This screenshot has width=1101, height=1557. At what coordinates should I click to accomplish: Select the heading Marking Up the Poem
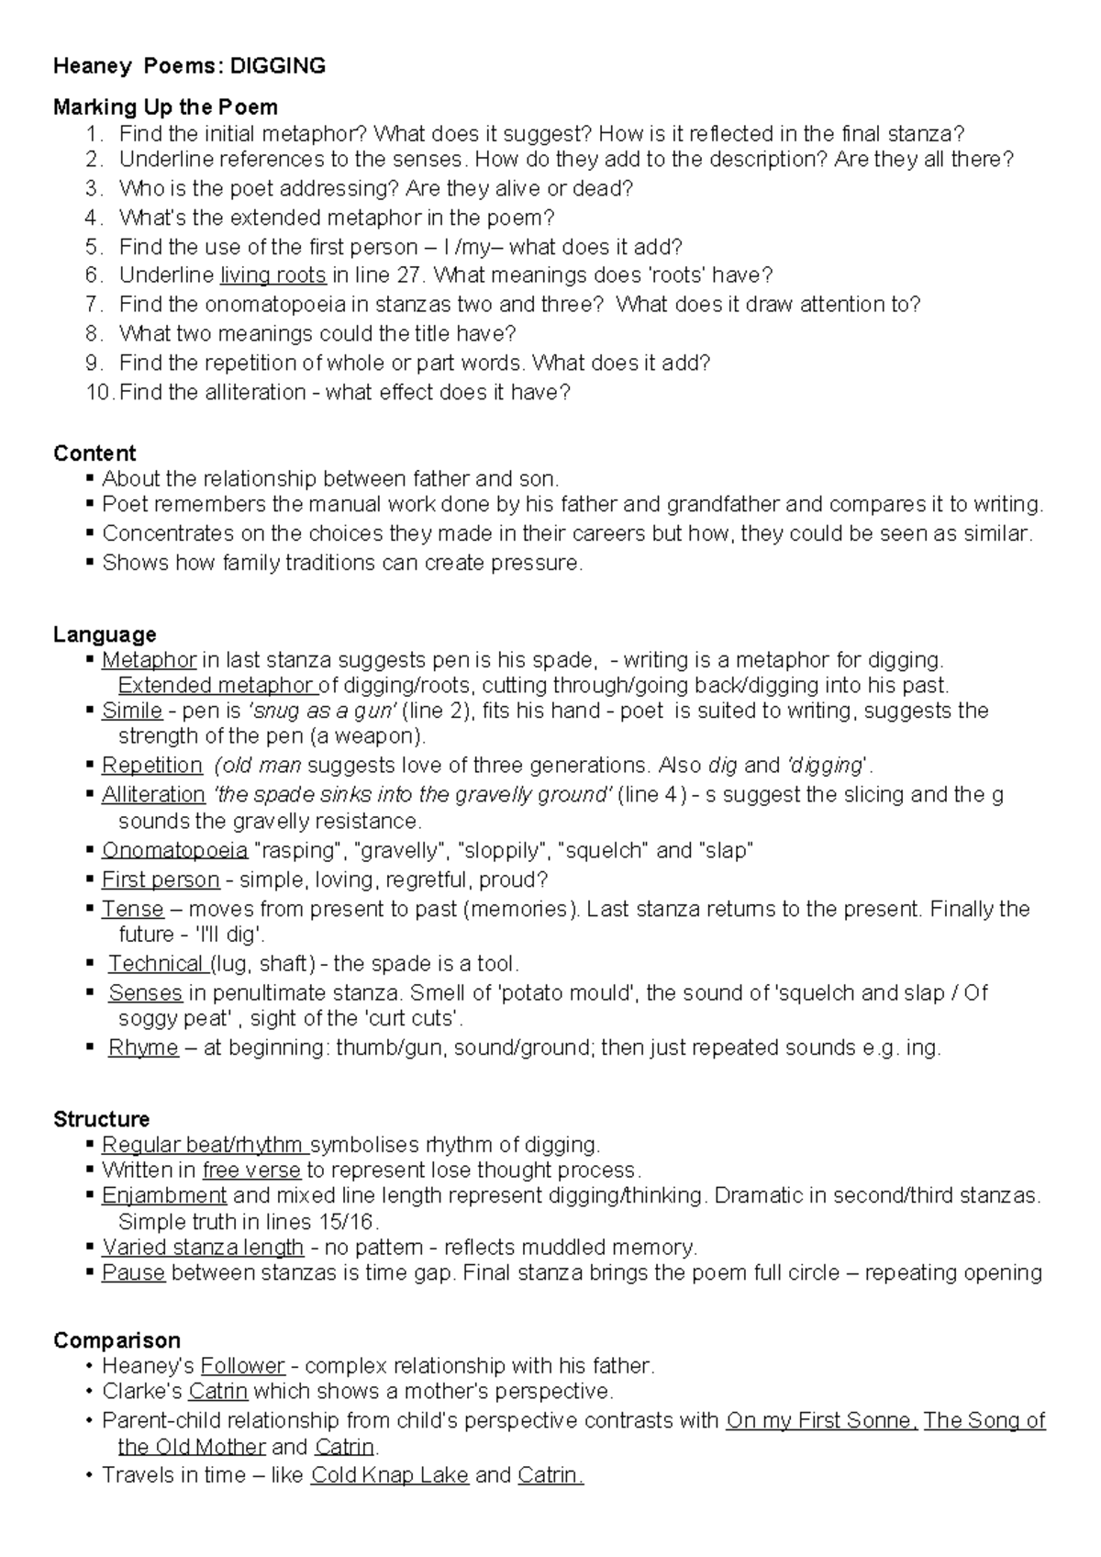pos(165,107)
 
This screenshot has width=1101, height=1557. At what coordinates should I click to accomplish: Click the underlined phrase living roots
pos(273,274)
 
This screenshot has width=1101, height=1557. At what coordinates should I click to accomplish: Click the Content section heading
pos(95,453)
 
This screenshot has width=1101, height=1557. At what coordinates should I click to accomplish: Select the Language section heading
pos(105,634)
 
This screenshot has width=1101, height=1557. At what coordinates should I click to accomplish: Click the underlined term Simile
pos(132,711)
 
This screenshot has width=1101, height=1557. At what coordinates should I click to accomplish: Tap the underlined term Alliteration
pos(153,794)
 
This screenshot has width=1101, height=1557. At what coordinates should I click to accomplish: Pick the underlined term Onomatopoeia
pos(174,850)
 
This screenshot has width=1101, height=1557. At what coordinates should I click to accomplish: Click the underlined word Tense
pos(132,909)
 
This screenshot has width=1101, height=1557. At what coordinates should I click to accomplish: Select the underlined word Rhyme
pos(143,1047)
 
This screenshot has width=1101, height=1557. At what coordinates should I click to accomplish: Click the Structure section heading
pos(101,1119)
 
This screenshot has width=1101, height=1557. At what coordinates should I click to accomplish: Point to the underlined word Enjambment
pos(164,1195)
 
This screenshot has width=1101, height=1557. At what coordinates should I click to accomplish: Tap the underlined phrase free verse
pos(251,1170)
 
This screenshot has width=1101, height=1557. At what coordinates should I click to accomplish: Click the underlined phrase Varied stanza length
pos(203,1247)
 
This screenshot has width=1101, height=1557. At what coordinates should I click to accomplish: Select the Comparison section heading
pos(117,1339)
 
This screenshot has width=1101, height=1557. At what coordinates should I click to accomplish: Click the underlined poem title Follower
pos(242,1365)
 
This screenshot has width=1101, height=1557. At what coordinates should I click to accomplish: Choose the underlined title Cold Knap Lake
pos(390,1475)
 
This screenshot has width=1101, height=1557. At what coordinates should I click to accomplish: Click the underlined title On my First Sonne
pos(820,1420)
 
